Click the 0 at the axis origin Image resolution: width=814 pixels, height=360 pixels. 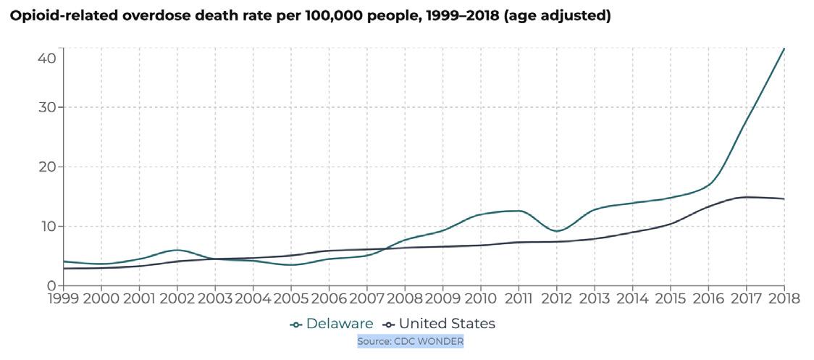tap(51, 285)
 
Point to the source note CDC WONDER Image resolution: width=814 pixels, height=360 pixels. tap(410, 340)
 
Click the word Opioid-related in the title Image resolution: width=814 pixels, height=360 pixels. tap(55, 17)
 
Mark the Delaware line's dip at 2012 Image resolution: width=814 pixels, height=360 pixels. tap(556, 231)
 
